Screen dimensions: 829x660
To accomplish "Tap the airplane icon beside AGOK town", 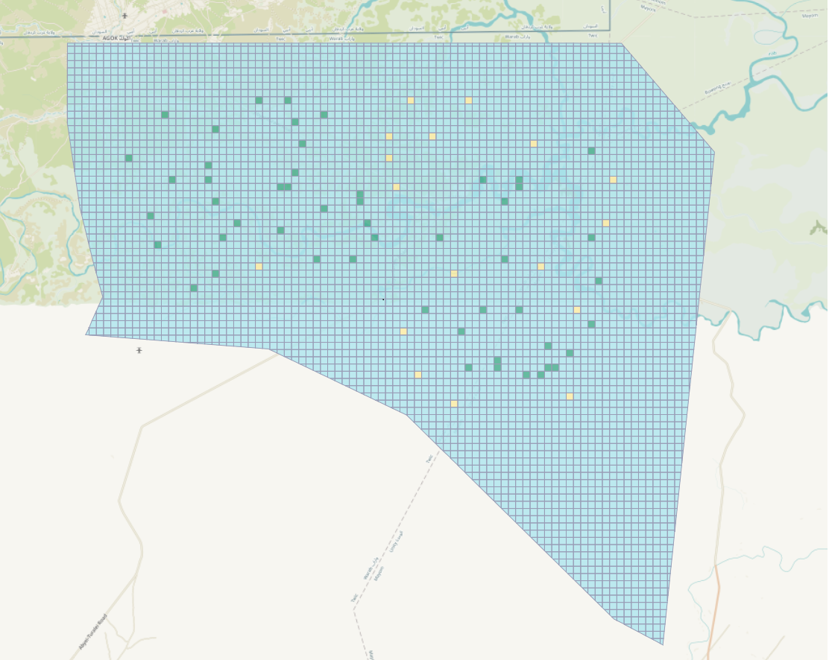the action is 124,16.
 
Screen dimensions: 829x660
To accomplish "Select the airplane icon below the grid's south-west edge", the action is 139,349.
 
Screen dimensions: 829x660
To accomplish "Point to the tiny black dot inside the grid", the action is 383,299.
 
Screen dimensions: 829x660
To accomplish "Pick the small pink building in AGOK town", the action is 164,12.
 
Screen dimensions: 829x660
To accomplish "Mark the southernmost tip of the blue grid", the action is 662,644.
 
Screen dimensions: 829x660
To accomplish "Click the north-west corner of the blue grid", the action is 68,43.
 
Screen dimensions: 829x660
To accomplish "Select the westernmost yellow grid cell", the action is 259,266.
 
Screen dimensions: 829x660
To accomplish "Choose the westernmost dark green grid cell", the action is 129,158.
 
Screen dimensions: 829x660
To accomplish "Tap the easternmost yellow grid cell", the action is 613,180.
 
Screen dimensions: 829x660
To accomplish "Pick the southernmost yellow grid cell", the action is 453,403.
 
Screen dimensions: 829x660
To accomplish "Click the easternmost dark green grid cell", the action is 599,281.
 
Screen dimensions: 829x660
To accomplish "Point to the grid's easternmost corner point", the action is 714,153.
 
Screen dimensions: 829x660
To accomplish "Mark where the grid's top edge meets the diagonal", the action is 622,43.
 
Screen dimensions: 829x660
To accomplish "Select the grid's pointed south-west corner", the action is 86,334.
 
